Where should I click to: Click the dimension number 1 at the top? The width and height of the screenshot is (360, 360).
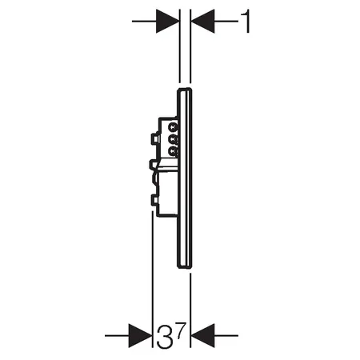(246, 21)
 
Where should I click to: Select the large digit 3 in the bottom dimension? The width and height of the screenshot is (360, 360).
(163, 337)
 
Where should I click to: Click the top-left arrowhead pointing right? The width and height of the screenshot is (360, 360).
(168, 21)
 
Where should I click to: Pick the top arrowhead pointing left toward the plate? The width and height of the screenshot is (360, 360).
(202, 21)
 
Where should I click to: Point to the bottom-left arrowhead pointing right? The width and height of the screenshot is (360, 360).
(140, 336)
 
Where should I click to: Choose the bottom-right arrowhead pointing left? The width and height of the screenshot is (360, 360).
(202, 336)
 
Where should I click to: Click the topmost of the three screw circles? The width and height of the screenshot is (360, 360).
(174, 126)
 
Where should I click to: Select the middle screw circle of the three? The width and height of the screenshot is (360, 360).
(174, 139)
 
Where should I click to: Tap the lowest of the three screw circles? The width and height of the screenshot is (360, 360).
(174, 152)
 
